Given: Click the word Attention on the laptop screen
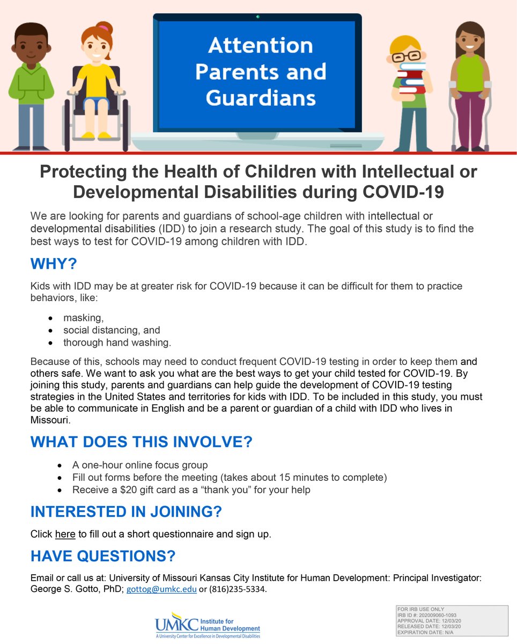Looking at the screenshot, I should [x=261, y=46].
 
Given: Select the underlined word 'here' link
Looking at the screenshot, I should [x=65, y=534].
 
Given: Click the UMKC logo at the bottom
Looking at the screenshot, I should [x=207, y=625].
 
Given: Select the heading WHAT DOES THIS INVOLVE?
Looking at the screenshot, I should [x=141, y=442].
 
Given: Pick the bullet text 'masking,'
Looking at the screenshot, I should [x=83, y=318].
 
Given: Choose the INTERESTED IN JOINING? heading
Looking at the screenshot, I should [x=126, y=512].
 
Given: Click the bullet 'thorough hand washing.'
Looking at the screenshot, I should [x=117, y=342].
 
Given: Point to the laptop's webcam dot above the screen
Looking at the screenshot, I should [x=257, y=17].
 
